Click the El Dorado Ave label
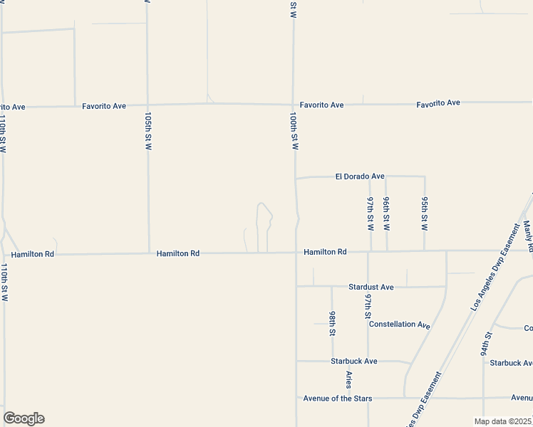[x=360, y=176]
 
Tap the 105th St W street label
[x=148, y=130]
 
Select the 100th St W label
[x=293, y=130]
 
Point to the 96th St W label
[x=386, y=213]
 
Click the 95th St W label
[x=424, y=213]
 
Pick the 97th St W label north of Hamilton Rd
[x=371, y=213]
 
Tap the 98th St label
[x=333, y=322]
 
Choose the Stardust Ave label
[x=371, y=287]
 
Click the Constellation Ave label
[x=399, y=325]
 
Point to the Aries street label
[x=349, y=379]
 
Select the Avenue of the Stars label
[x=337, y=399]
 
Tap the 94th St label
[x=485, y=344]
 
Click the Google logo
[x=24, y=418]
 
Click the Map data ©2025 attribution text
[x=503, y=421]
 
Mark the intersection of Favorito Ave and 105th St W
[x=148, y=105]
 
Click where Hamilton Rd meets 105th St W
[x=148, y=253]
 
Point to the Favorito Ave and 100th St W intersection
[x=293, y=104]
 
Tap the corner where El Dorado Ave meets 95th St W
[x=425, y=176]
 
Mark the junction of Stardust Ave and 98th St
[x=332, y=287]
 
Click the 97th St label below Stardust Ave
[x=368, y=305]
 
